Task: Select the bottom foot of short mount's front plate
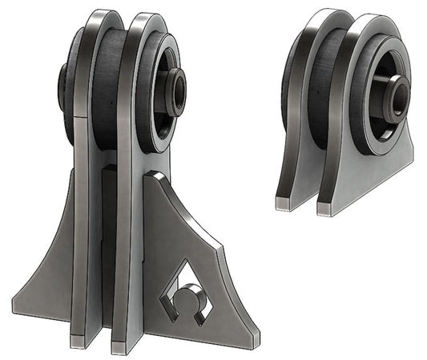click(x=325, y=208)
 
